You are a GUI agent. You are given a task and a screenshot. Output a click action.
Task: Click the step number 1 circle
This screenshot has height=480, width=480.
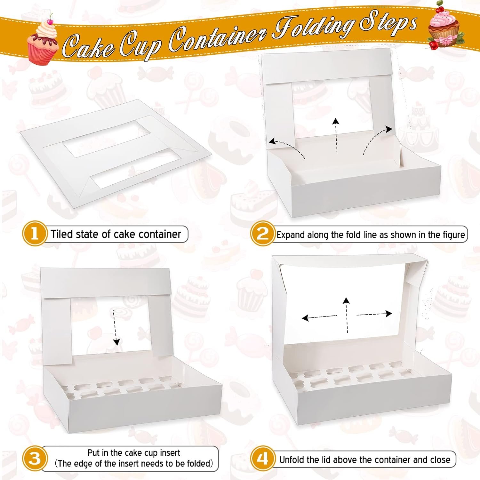pyautogui.click(x=35, y=234)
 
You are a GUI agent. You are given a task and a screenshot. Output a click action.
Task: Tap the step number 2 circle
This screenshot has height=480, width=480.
pyautogui.click(x=263, y=234)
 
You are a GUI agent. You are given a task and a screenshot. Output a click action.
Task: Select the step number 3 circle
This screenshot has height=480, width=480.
pyautogui.click(x=35, y=459)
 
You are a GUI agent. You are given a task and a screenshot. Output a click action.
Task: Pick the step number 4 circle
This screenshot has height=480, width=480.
pyautogui.click(x=263, y=459)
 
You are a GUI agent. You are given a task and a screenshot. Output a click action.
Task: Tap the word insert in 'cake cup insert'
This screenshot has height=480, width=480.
pyautogui.click(x=169, y=453)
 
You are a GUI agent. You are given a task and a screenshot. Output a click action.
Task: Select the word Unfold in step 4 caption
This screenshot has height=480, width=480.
pyautogui.click(x=292, y=460)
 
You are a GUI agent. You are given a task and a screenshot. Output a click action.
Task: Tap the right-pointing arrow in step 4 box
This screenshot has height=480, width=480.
pyautogui.click(x=374, y=314)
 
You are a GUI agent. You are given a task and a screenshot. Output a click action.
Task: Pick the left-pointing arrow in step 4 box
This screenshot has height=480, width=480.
pyautogui.click(x=319, y=317)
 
